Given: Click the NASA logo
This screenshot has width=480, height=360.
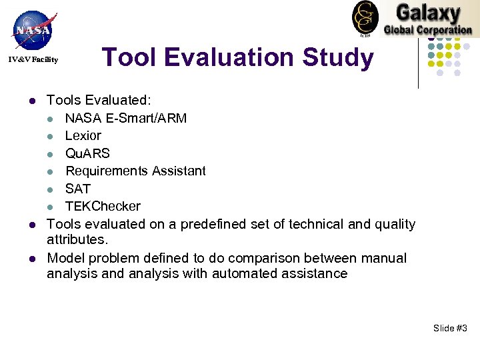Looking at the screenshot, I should tap(33, 29).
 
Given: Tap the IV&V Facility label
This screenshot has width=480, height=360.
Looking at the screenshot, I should tap(33, 60).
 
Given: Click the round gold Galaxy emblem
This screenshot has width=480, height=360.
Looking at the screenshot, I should tap(365, 18).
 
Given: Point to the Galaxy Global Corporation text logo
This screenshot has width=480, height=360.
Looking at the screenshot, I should tap(427, 19).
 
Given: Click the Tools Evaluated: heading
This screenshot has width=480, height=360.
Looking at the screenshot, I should tap(99, 101).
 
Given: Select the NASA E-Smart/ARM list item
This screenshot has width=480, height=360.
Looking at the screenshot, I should tap(126, 119).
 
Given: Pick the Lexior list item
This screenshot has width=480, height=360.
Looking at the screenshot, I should tap(83, 136).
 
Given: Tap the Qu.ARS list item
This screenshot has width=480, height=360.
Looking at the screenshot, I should tap(87, 154).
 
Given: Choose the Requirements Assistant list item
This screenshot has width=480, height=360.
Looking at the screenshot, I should tap(135, 171).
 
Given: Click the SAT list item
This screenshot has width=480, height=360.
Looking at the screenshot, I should tap(77, 189).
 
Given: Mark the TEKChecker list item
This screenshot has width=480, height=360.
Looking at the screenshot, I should tap(103, 207).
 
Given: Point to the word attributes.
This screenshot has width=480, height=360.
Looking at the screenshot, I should tap(75, 239).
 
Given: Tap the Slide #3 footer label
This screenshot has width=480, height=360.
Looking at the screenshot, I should tap(450, 328).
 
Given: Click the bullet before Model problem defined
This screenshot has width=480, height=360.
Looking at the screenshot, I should tap(31, 259).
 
